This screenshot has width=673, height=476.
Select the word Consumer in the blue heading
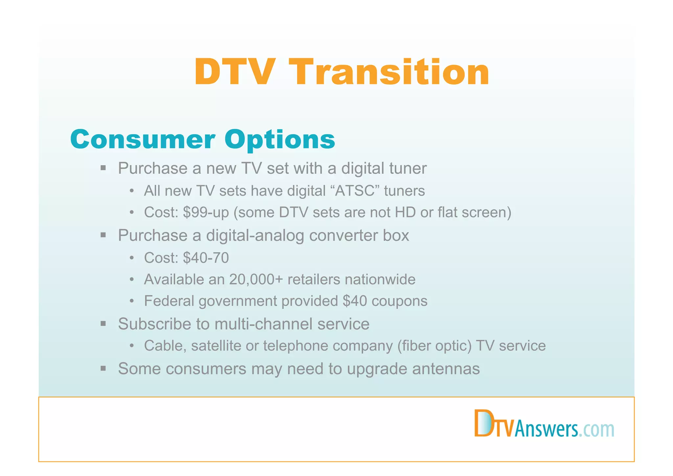click(143, 139)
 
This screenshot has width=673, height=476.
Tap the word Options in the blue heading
click(280, 139)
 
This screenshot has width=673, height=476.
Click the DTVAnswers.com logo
click(544, 425)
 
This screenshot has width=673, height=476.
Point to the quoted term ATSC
click(355, 191)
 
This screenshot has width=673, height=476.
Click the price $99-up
click(206, 213)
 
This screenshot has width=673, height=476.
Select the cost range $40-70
click(206, 258)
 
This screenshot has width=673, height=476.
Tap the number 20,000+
click(256, 280)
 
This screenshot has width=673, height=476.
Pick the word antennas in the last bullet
click(446, 369)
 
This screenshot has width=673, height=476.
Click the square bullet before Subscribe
click(103, 324)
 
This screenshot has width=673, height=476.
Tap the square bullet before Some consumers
click(103, 368)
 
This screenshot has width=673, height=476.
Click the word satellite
click(216, 346)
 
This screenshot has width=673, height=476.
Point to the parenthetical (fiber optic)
click(434, 346)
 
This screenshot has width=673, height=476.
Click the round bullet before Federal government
click(132, 301)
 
